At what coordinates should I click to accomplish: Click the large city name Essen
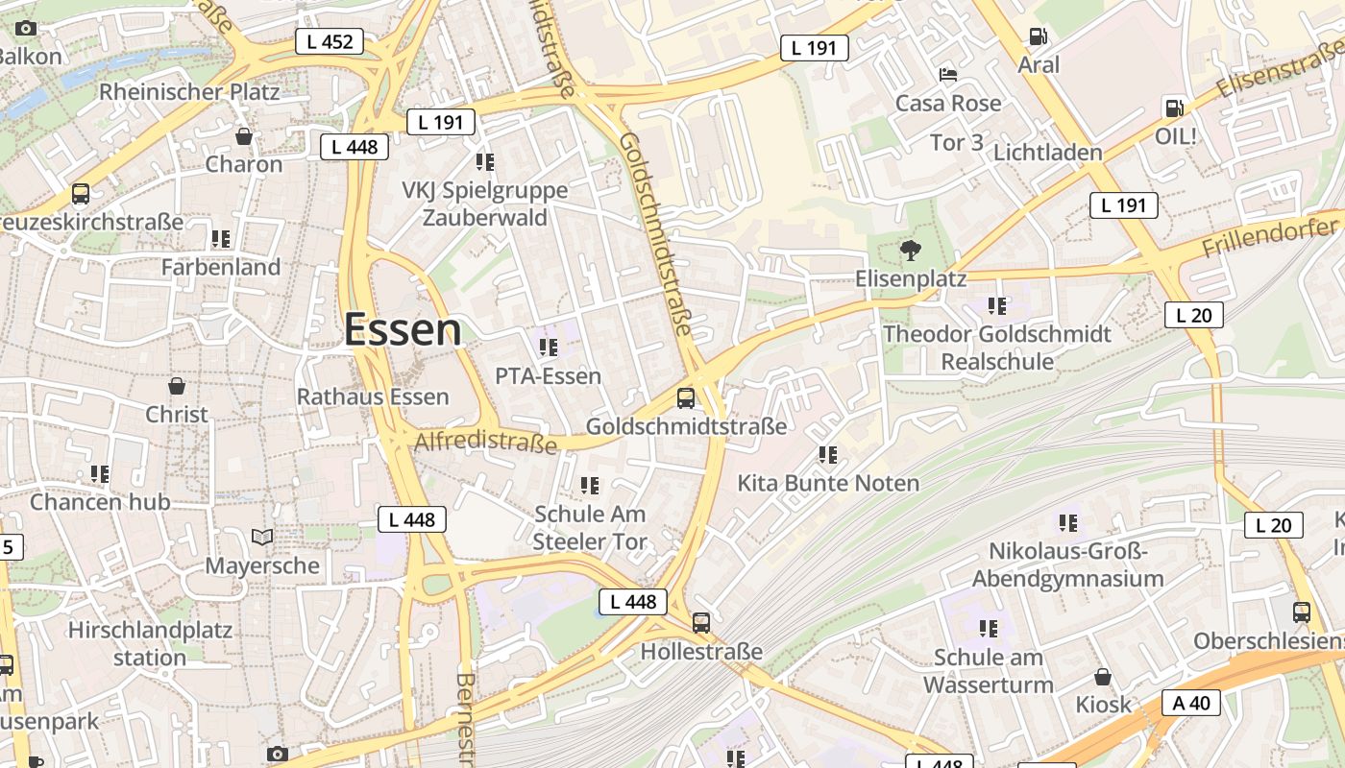pos(403,329)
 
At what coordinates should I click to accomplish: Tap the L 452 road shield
pos(330,41)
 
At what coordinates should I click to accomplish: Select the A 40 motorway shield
pos(1191,703)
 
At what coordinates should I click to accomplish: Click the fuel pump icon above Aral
pos(1038,36)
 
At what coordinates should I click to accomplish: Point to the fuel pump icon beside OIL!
pos(1173,108)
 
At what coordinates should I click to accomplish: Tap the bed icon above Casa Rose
pos(948,74)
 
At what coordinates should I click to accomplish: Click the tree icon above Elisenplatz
pos(909,251)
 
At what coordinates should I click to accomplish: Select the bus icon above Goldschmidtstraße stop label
pos(685,397)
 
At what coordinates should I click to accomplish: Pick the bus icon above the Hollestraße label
pos(701,622)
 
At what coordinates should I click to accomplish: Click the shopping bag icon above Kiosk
pos(1103,677)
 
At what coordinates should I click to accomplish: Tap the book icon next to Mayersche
pos(262,537)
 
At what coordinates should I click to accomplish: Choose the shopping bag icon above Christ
pos(177,386)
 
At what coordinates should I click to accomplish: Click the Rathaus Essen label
pos(373,396)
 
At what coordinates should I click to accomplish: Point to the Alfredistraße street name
pos(486,442)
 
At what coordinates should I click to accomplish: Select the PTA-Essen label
pos(548,375)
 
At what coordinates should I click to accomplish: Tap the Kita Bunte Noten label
pos(828,483)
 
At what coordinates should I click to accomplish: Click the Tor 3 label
pos(957,142)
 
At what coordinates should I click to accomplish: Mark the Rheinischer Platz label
pos(189,92)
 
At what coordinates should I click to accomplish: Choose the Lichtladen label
pos(1047,153)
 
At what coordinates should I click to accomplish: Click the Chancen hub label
pos(100,501)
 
